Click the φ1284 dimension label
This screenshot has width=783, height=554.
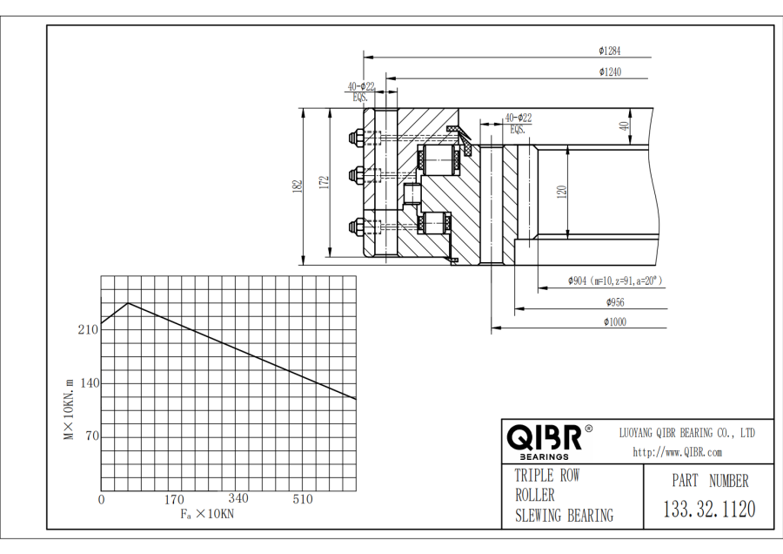pos(609,51)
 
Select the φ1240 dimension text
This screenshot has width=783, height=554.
pos(609,71)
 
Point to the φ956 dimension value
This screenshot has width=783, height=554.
pos(615,302)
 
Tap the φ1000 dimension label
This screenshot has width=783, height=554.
pos(615,321)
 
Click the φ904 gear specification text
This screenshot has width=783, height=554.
pos(615,280)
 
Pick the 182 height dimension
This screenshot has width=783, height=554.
pos(298,185)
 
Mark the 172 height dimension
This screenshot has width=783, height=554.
pos(324,182)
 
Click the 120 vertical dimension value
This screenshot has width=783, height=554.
pos(562,192)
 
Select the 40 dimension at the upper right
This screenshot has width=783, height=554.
pos(623,125)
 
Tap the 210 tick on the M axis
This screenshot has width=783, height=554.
pos(88,329)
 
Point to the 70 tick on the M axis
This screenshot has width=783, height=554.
pos(90,436)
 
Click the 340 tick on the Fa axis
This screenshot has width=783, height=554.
pos(238,498)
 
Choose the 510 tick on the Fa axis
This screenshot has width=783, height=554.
pos(303,499)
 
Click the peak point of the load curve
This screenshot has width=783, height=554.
pos(129,303)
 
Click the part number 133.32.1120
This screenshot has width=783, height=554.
pos(709,509)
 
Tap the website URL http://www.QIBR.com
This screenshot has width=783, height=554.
pos(677,452)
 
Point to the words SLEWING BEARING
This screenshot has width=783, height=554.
pos(563,515)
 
